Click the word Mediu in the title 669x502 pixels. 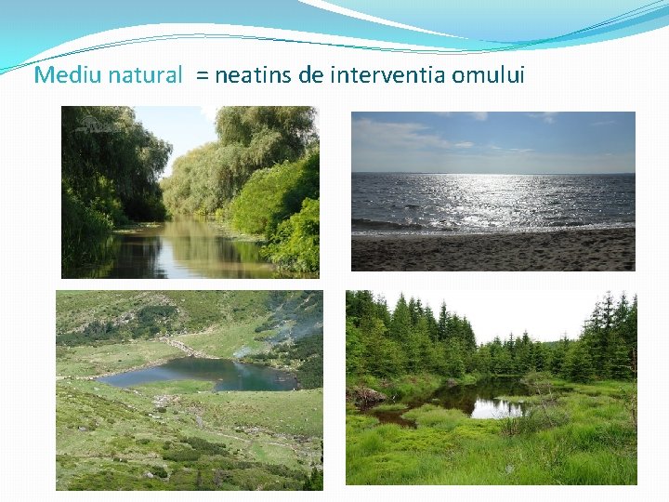(66, 75)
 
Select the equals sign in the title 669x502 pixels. (202, 76)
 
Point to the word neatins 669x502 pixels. (253, 75)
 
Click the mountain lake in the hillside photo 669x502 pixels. (195, 375)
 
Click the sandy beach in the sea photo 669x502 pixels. (492, 251)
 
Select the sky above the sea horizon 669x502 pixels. (492, 139)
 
